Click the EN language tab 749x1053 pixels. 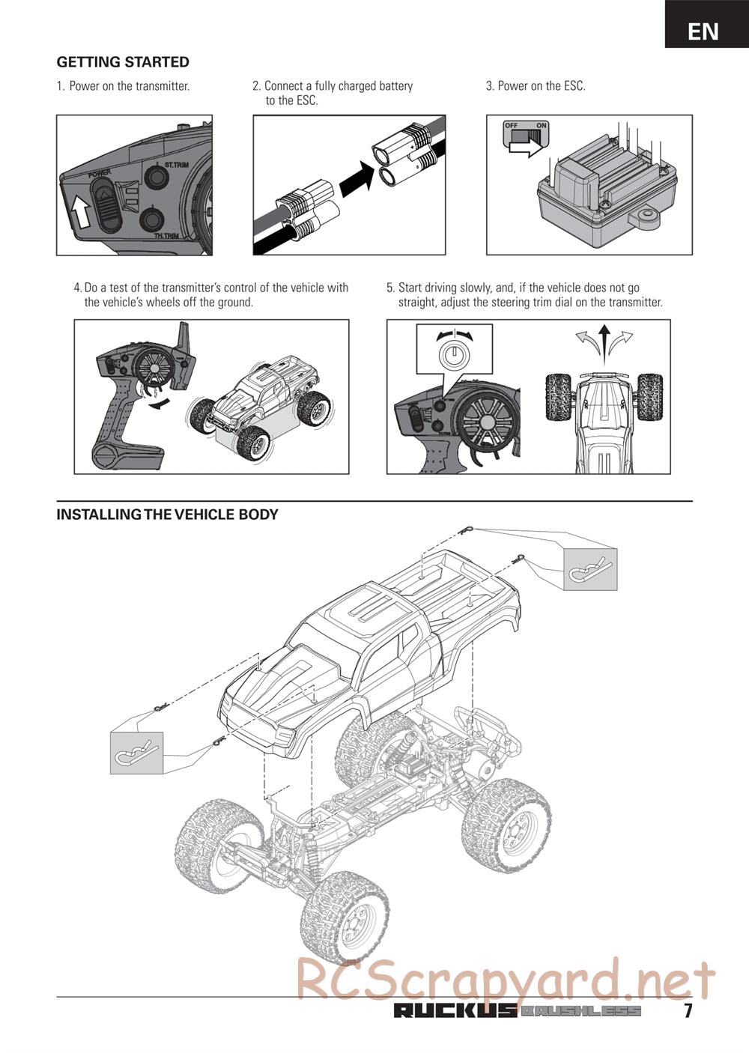[703, 31]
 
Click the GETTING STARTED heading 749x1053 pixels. [123, 62]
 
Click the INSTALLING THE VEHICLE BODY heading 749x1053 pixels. [167, 515]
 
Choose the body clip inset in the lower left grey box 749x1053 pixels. [136, 752]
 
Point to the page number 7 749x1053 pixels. [688, 1011]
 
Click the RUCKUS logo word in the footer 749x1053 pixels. [455, 1012]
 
